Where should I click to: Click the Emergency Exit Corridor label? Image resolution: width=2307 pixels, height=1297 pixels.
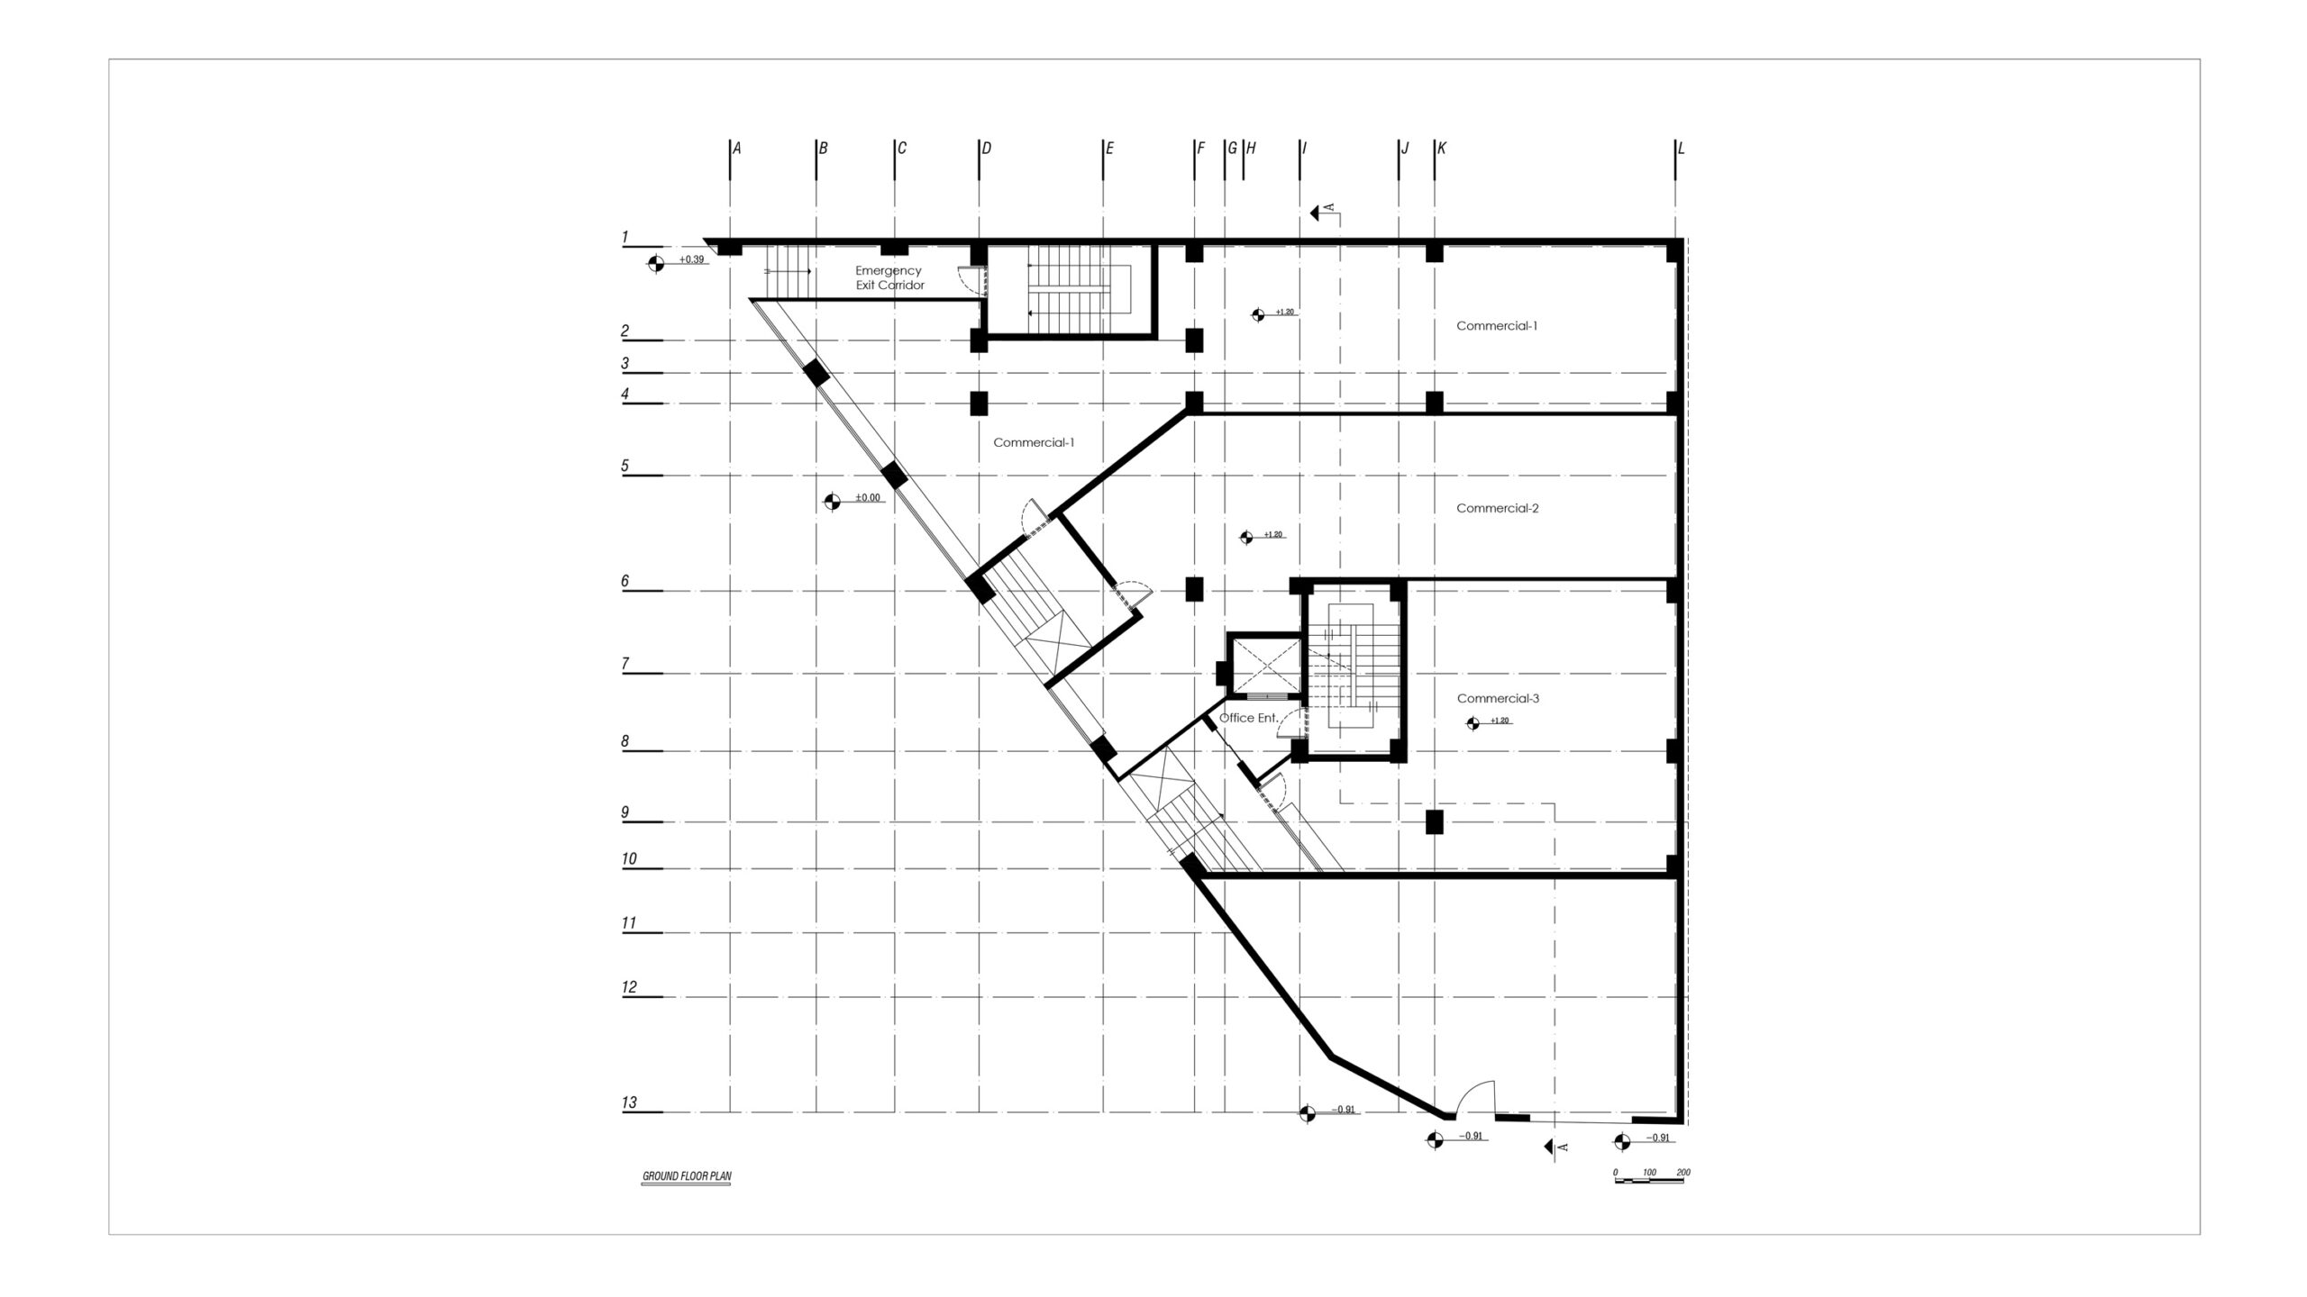pos(889,277)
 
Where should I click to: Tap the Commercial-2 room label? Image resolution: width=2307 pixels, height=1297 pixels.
pos(1498,508)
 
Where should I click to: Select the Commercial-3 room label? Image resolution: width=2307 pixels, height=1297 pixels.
pos(1498,698)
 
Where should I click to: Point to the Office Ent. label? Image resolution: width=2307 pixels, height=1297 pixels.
pos(1248,718)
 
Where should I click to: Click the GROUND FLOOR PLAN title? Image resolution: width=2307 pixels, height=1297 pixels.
pos(686,1176)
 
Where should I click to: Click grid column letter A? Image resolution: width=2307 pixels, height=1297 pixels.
pos(736,149)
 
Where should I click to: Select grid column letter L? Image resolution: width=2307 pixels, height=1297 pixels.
pos(1681,149)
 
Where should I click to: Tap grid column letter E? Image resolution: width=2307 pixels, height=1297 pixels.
pos(1109,149)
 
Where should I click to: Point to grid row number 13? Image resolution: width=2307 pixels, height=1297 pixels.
pos(629,1102)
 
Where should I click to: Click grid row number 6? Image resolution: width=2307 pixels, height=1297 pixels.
pos(625,582)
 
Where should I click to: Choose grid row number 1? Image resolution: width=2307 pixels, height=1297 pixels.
pos(625,238)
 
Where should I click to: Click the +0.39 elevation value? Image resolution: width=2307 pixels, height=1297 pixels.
pos(691,259)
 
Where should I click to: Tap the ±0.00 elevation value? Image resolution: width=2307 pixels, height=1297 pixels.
pos(867,497)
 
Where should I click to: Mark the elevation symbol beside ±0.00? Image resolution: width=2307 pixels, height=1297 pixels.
pos(832,501)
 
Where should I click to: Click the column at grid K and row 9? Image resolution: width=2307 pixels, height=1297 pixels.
pos(1435,821)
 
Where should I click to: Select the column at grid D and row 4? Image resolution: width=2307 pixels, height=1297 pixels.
pos(980,403)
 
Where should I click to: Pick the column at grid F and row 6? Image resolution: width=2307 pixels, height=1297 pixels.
pos(1194,589)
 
